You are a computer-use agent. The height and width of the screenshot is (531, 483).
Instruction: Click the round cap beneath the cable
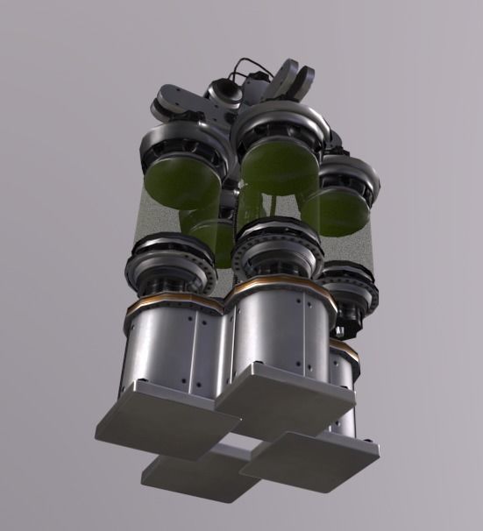tap(224, 92)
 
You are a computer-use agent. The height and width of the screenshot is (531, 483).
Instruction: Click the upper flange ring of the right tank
tap(351, 175)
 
